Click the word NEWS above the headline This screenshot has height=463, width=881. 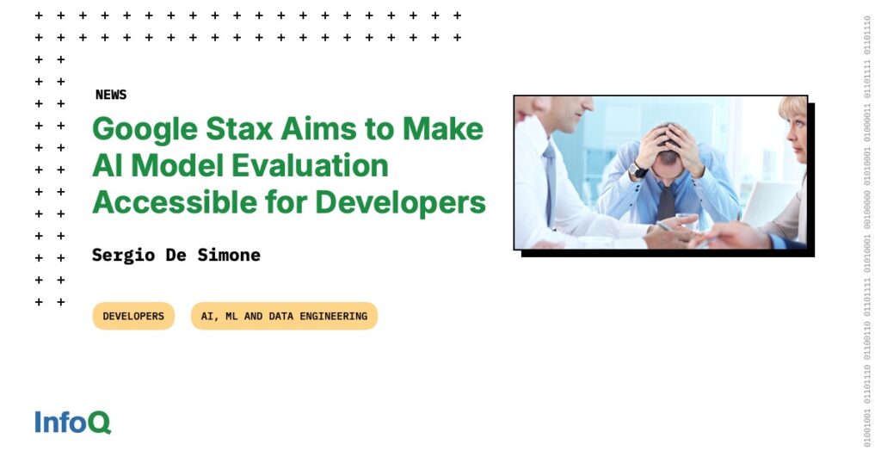[111, 95]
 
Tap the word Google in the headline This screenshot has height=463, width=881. [145, 130]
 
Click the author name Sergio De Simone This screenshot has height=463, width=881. [176, 256]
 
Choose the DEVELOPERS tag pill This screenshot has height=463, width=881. [133, 316]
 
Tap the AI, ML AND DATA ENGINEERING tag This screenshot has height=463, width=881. [284, 316]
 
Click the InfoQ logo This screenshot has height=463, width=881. [72, 422]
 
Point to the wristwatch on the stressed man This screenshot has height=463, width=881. [638, 170]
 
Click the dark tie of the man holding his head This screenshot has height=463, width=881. [666, 201]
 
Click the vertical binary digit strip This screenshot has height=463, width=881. [866, 231]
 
